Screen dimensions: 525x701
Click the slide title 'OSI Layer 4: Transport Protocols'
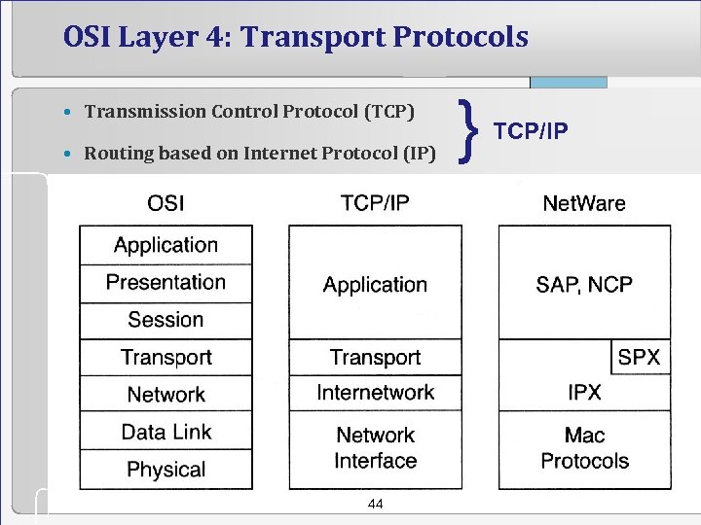[x=295, y=37]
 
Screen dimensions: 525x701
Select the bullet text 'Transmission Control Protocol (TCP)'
[x=249, y=111]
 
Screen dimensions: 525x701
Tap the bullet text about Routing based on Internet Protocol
[x=259, y=153]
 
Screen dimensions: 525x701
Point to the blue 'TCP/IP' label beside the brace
[x=532, y=131]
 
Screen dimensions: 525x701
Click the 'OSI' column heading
[x=166, y=203]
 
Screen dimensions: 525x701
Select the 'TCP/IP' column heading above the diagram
[x=375, y=203]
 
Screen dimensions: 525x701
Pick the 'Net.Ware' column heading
[x=584, y=203]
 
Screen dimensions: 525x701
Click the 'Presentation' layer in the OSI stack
[x=166, y=283]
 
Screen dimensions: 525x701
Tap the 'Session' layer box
[x=166, y=320]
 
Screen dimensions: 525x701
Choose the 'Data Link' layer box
[x=166, y=432]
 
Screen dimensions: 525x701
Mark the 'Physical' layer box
[x=166, y=470]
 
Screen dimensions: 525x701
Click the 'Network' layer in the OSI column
[x=166, y=395]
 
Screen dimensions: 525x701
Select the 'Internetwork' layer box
[x=375, y=393]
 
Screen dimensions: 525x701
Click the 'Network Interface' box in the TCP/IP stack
[x=375, y=448]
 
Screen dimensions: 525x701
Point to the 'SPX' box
[x=640, y=357]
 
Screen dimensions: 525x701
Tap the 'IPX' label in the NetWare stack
[x=584, y=393]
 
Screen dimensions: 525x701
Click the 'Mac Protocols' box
[x=584, y=448]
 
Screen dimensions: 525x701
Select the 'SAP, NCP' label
[x=584, y=285]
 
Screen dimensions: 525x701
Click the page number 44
[x=375, y=504]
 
